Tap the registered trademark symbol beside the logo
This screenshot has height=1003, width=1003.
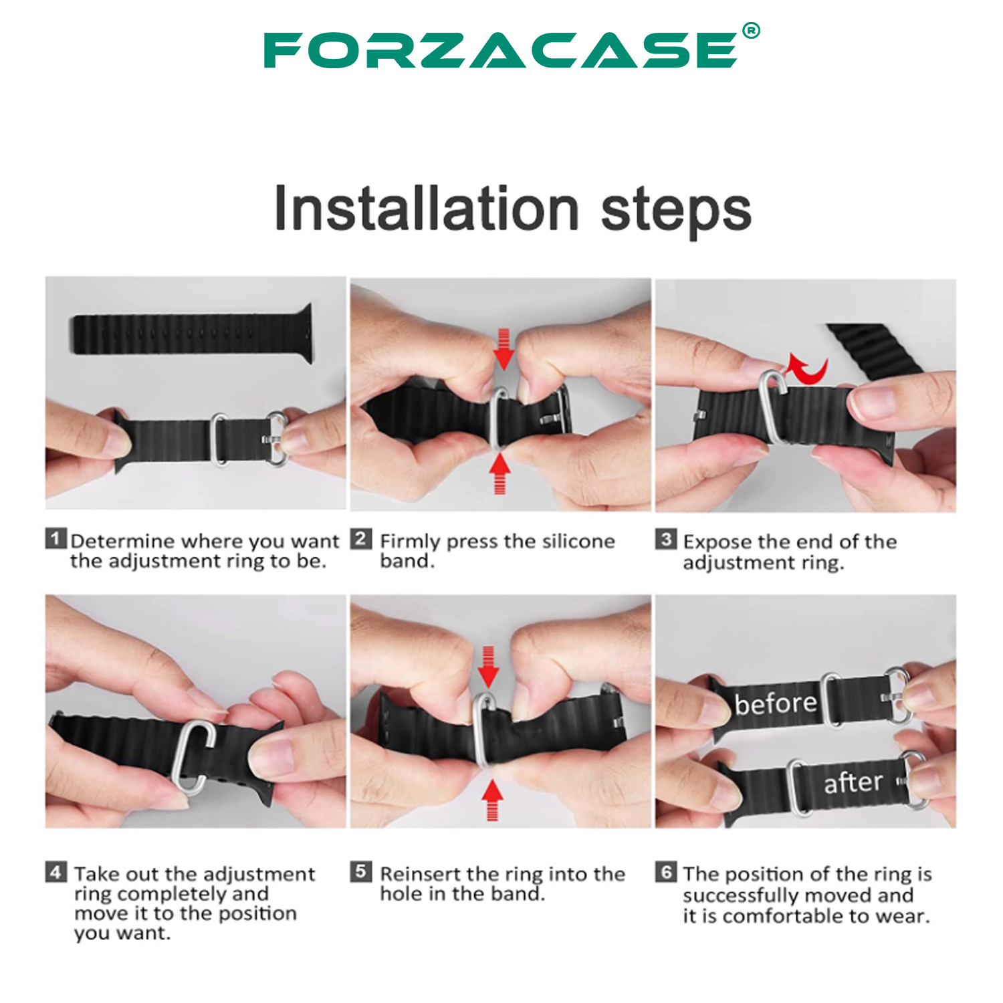click(x=751, y=31)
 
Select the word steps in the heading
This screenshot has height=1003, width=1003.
click(x=676, y=212)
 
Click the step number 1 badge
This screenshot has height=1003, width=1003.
click(x=56, y=538)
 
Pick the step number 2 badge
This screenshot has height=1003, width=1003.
click(x=361, y=538)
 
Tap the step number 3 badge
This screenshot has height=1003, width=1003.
click(x=666, y=539)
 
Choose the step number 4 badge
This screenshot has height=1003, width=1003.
click(x=56, y=872)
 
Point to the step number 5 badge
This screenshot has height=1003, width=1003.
click(x=361, y=871)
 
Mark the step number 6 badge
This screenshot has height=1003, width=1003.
click(x=666, y=872)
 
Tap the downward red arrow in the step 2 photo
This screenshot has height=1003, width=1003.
click(x=504, y=349)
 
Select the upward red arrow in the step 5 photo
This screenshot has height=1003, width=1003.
click(x=493, y=800)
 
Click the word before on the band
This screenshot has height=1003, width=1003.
click(x=776, y=703)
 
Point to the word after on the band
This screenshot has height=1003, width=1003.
click(x=853, y=782)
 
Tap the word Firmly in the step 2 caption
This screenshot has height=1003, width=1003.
click(x=410, y=542)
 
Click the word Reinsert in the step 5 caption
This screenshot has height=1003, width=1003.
click(x=420, y=874)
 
